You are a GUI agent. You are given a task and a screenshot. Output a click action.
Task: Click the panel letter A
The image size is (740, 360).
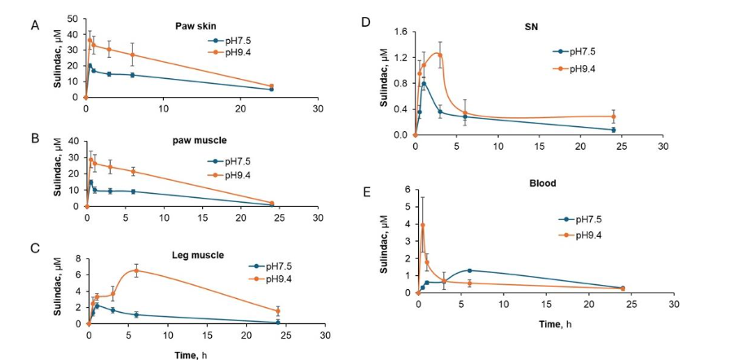[x=34, y=24]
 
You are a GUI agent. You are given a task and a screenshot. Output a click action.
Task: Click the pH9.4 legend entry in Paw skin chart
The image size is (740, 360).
[x=231, y=49]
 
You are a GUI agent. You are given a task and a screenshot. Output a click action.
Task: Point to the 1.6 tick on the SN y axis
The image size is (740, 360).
[x=400, y=32]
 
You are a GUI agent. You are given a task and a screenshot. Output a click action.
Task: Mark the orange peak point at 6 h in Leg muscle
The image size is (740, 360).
[x=136, y=270]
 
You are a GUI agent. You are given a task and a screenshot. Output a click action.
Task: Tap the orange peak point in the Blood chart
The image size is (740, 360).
[x=422, y=225]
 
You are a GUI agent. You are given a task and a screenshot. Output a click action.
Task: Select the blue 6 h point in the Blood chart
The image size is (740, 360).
[x=469, y=270]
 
